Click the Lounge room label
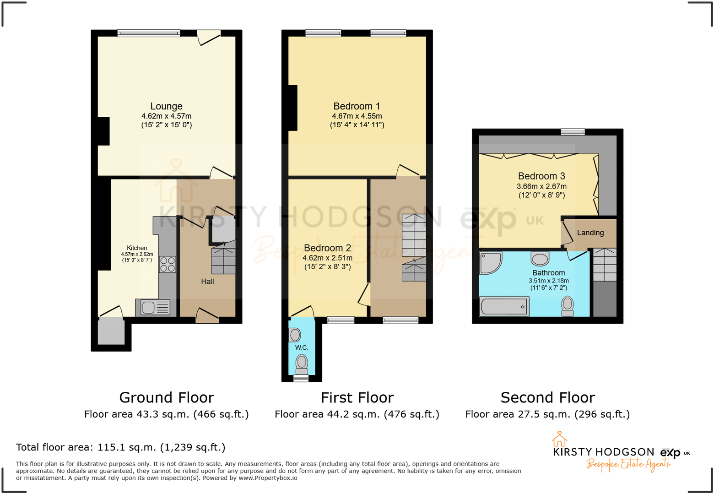tap(166, 106)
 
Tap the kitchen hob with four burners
tap(168, 265)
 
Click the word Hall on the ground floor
tap(207, 282)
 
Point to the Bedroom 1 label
tap(357, 106)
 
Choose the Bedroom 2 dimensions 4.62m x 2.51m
tap(327, 258)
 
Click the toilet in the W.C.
tap(302, 364)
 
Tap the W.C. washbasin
tap(295, 335)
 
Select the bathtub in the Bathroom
tap(504, 306)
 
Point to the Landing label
tap(590, 233)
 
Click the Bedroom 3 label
tap(541, 176)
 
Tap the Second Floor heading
tap(547, 397)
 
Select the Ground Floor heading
tap(167, 397)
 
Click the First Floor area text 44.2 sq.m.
tap(357, 414)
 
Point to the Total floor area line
tap(121, 447)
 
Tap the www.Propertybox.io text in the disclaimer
tap(268, 478)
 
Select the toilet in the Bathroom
tap(568, 306)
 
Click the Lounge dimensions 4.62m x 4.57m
tap(166, 116)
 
